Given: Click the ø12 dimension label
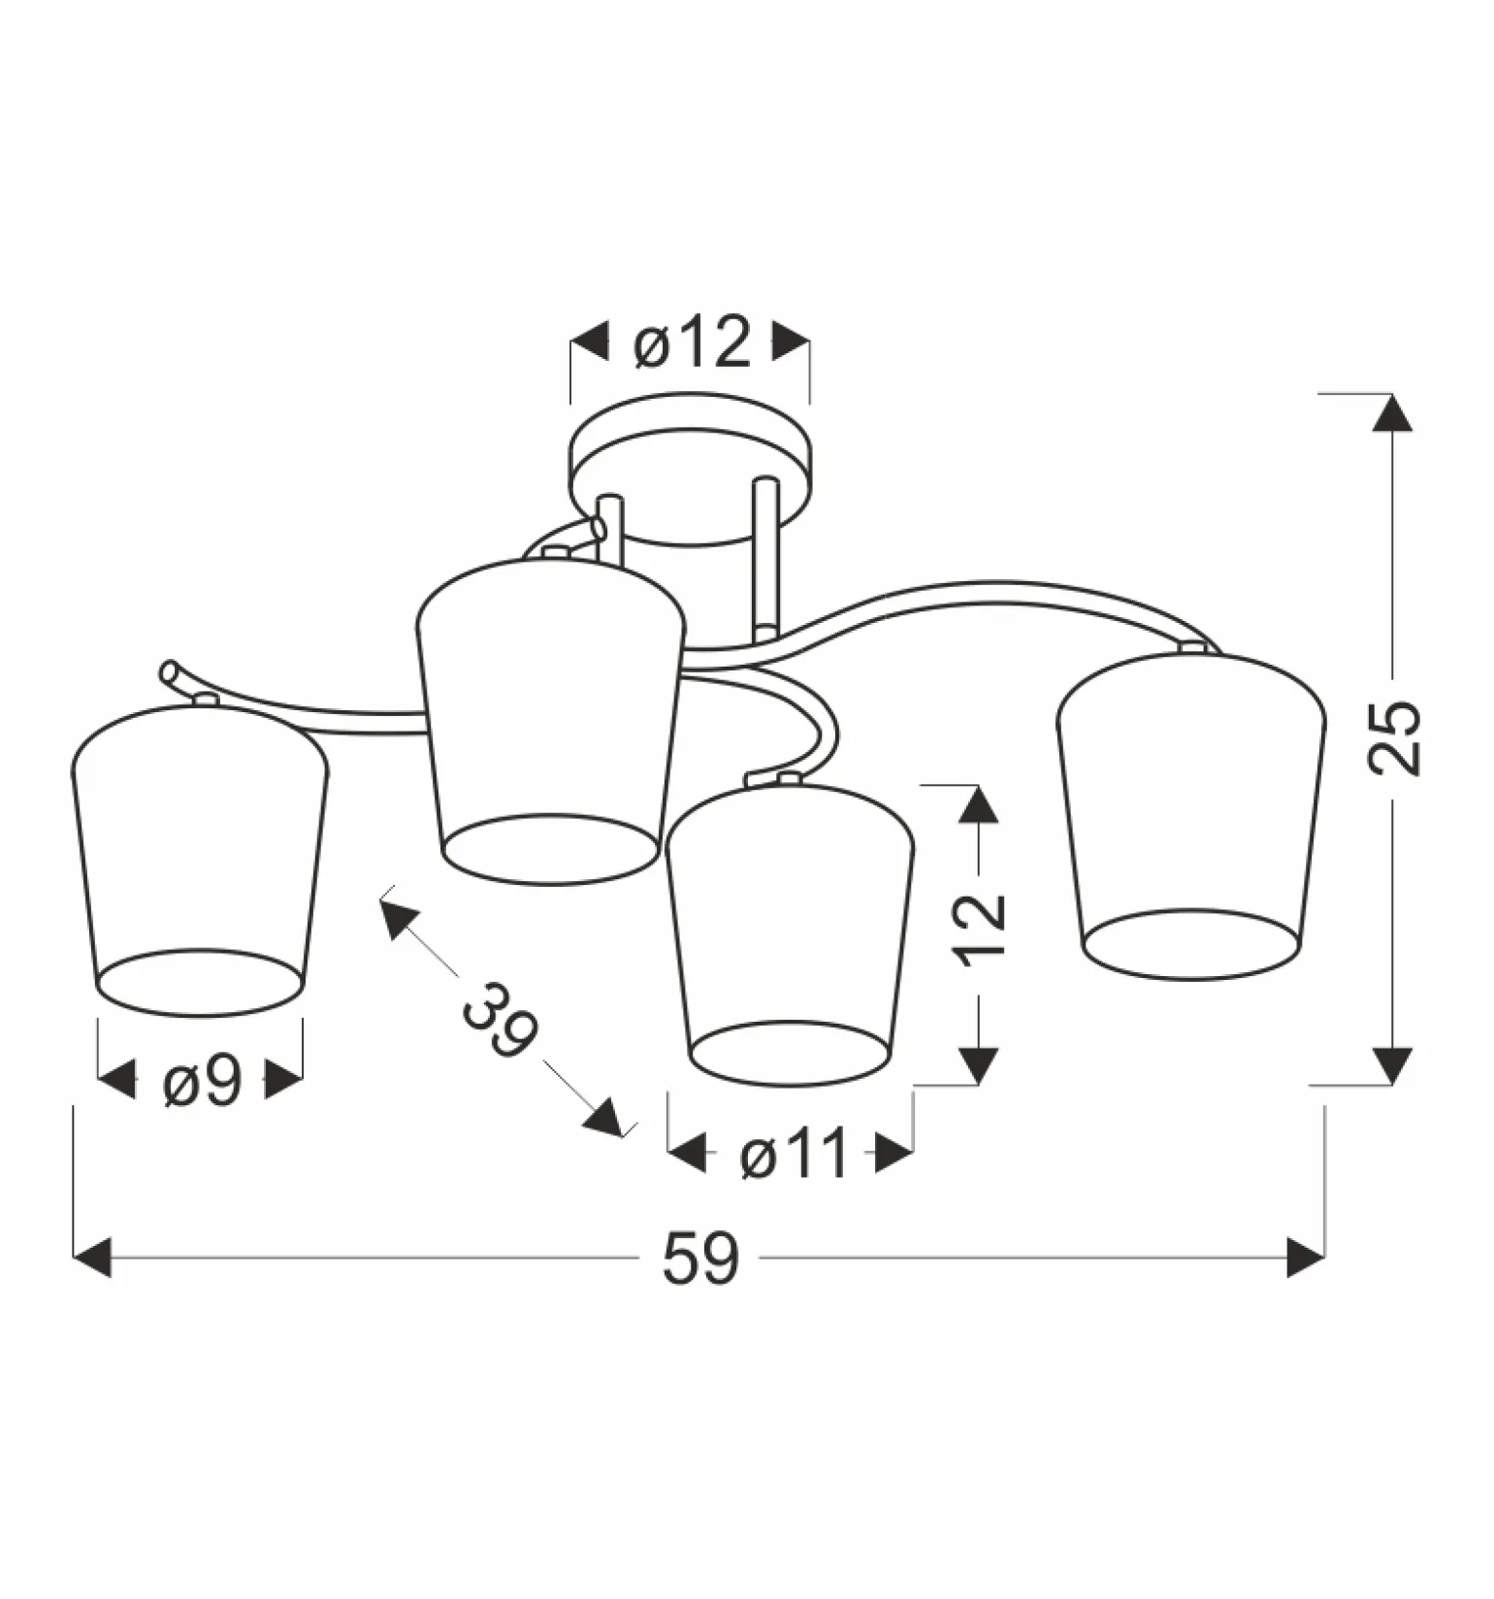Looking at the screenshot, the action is pyautogui.click(x=692, y=342).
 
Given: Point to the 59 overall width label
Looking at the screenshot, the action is pyautogui.click(x=700, y=1258).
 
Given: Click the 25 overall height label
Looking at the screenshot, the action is pyautogui.click(x=1394, y=737).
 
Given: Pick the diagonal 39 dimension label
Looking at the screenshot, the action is pyautogui.click(x=500, y=1020).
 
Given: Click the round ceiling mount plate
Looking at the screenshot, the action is pyautogui.click(x=690, y=469).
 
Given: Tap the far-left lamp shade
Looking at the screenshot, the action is pyautogui.click(x=200, y=860).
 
